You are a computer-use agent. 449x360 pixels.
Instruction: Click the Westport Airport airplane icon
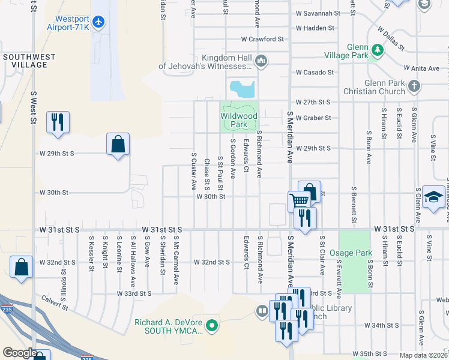tap(99, 22)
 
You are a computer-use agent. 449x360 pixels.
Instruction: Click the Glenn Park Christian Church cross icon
tap(413, 87)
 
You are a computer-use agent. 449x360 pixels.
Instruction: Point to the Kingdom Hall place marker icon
tap(261, 61)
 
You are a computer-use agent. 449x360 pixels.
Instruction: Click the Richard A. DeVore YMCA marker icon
tap(211, 326)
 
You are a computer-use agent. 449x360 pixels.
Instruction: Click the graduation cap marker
tap(432, 197)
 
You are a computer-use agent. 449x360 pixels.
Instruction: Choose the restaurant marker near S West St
tap(58, 122)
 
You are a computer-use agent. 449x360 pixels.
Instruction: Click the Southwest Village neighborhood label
tap(29, 61)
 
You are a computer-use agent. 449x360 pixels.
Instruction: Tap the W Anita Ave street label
tap(420, 68)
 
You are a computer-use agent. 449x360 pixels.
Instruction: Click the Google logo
tap(20, 353)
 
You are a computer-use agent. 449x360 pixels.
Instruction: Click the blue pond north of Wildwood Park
tap(243, 89)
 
